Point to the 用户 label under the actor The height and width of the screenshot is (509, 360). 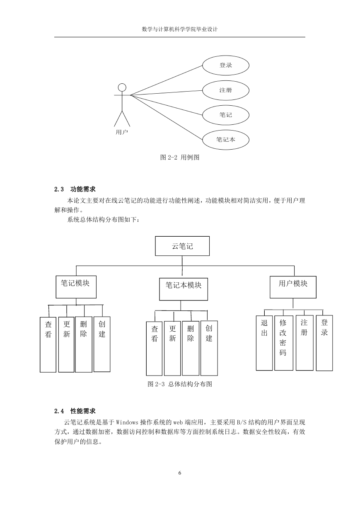pos(122,132)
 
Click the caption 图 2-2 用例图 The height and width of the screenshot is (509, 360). pos(180,157)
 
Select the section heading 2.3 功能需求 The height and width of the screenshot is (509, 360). pos(75,189)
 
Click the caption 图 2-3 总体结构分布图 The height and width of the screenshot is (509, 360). pos(180,384)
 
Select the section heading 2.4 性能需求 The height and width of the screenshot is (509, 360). pos(75,411)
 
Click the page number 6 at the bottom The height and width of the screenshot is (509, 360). pos(180,473)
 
